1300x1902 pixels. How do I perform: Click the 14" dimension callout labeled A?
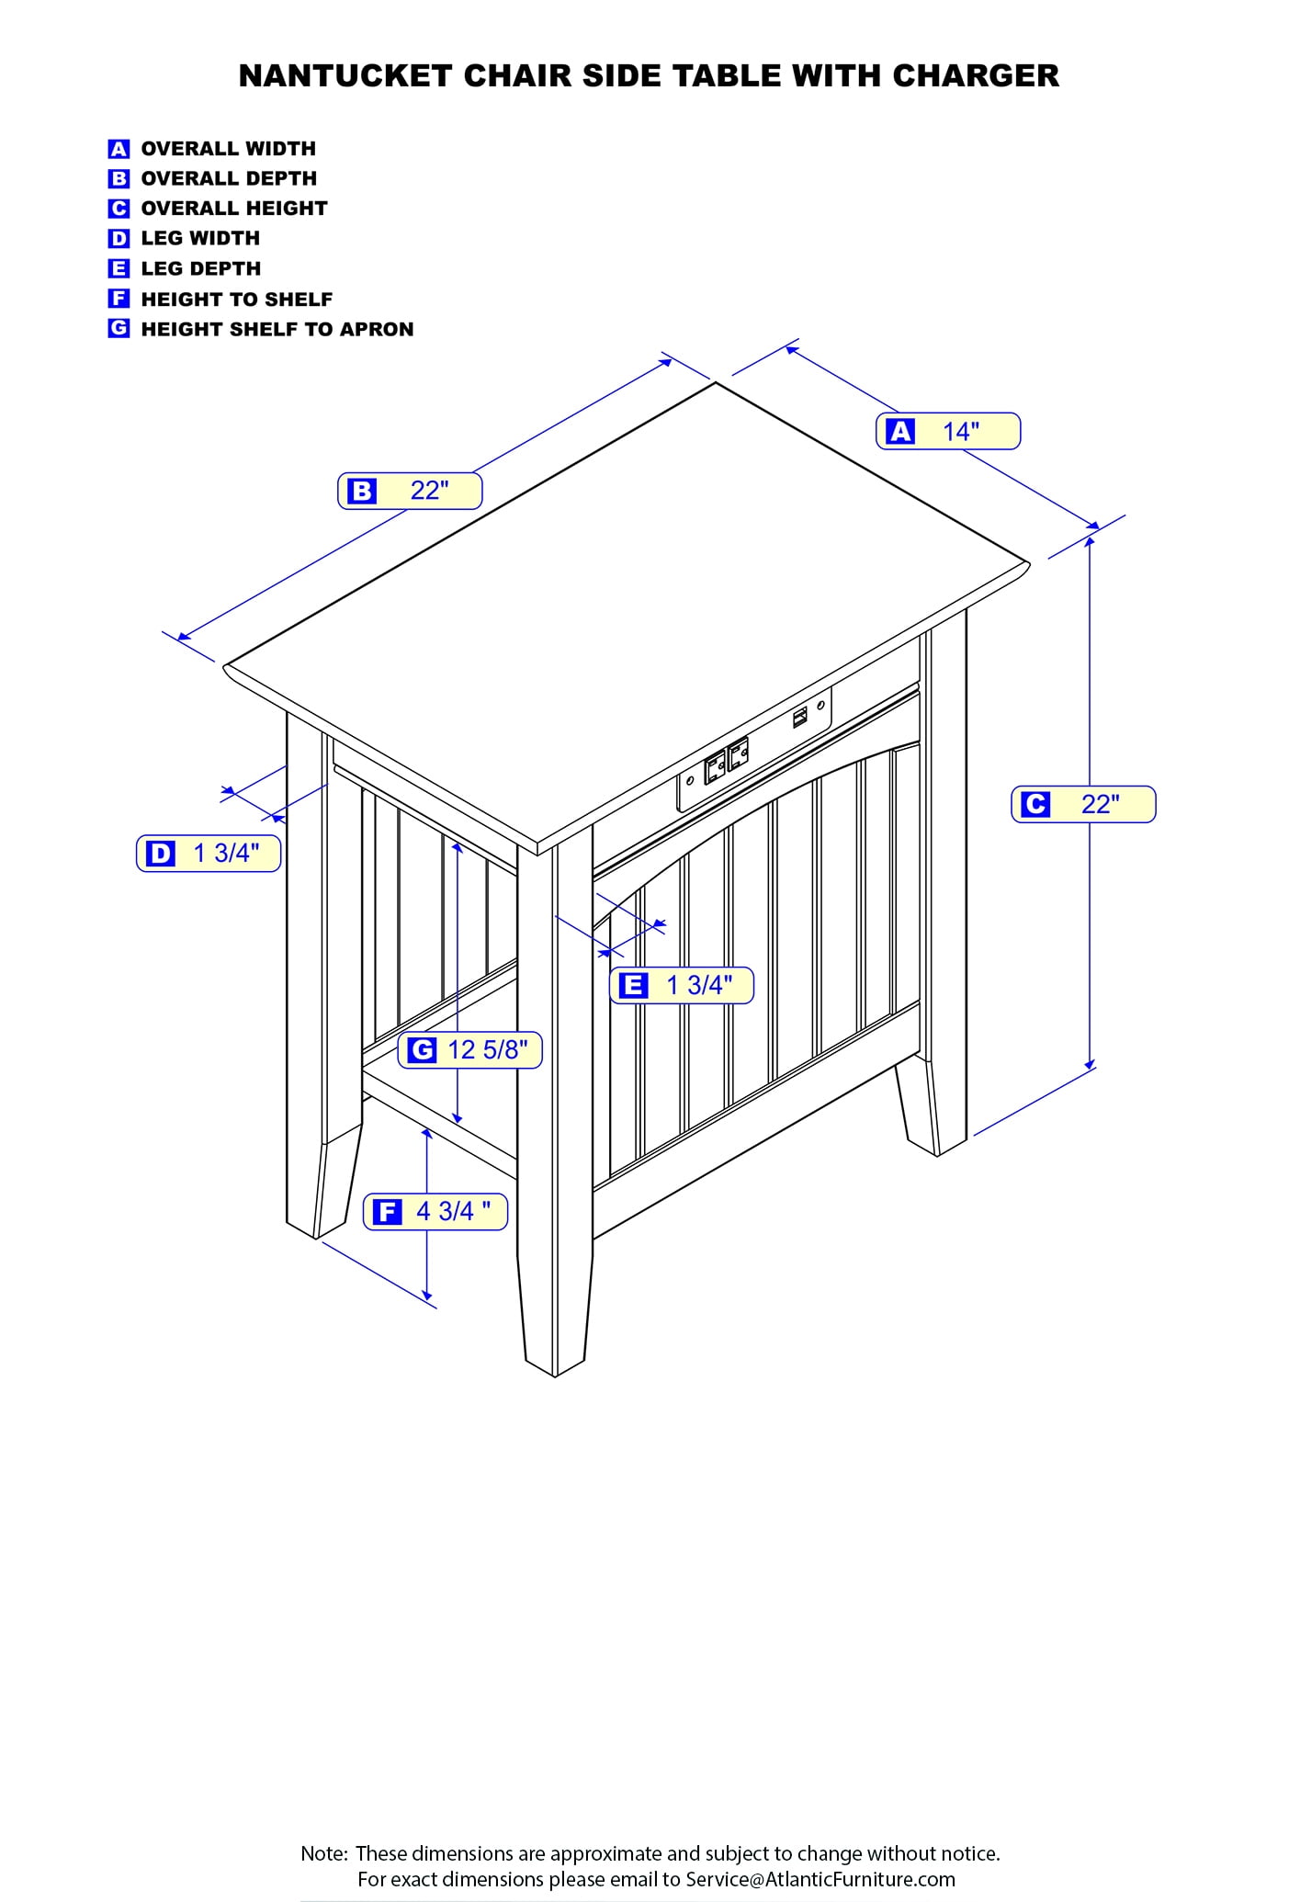coord(948,431)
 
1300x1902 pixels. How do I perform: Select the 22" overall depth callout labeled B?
coord(410,491)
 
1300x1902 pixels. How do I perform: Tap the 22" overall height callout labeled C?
coord(1083,804)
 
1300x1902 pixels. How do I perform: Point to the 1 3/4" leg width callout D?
coord(209,854)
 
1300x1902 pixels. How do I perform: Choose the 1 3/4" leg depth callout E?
coord(682,986)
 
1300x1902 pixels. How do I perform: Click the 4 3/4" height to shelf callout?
coord(435,1211)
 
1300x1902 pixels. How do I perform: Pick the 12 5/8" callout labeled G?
coord(469,1050)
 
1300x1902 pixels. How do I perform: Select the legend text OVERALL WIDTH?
coord(229,149)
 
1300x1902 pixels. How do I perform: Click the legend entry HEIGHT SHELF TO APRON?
coord(277,329)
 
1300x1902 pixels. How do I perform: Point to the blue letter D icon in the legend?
coord(119,239)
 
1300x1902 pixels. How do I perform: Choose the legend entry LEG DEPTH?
coord(201,269)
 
